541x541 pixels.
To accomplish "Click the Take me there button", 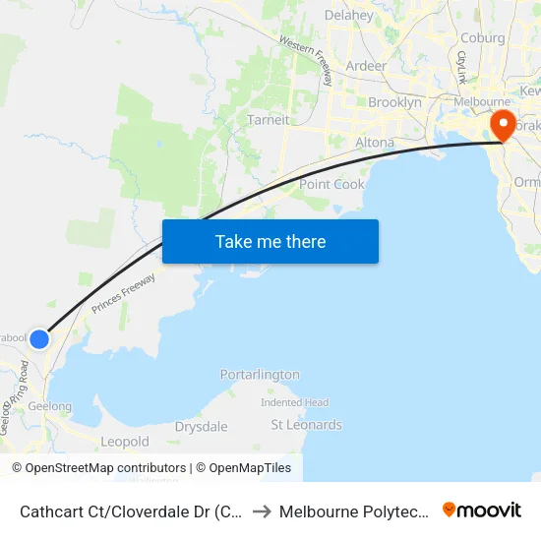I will [x=270, y=241].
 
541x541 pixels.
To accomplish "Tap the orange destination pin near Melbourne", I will [x=503, y=126].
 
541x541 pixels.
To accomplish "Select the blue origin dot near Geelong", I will [x=38, y=338].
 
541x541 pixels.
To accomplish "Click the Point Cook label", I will [x=331, y=184].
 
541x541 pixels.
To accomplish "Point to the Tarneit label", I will [x=269, y=120].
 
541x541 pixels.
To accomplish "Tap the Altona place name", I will [x=374, y=143].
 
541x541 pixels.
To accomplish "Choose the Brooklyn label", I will [x=394, y=102].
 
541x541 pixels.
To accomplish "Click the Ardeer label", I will [x=366, y=66].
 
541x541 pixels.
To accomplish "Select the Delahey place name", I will [x=348, y=16].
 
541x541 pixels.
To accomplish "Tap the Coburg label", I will [x=481, y=38].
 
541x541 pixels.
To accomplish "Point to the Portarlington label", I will [x=260, y=375].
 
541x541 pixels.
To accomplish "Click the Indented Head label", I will [x=294, y=402].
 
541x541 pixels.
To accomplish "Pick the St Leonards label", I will [x=306, y=425].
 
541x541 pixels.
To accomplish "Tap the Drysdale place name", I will [x=201, y=427].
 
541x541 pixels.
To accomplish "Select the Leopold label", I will [x=125, y=442].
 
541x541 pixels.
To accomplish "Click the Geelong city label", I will [x=49, y=406].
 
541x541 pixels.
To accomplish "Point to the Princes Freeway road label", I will [x=124, y=293].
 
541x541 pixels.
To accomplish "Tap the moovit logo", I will [x=482, y=511].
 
